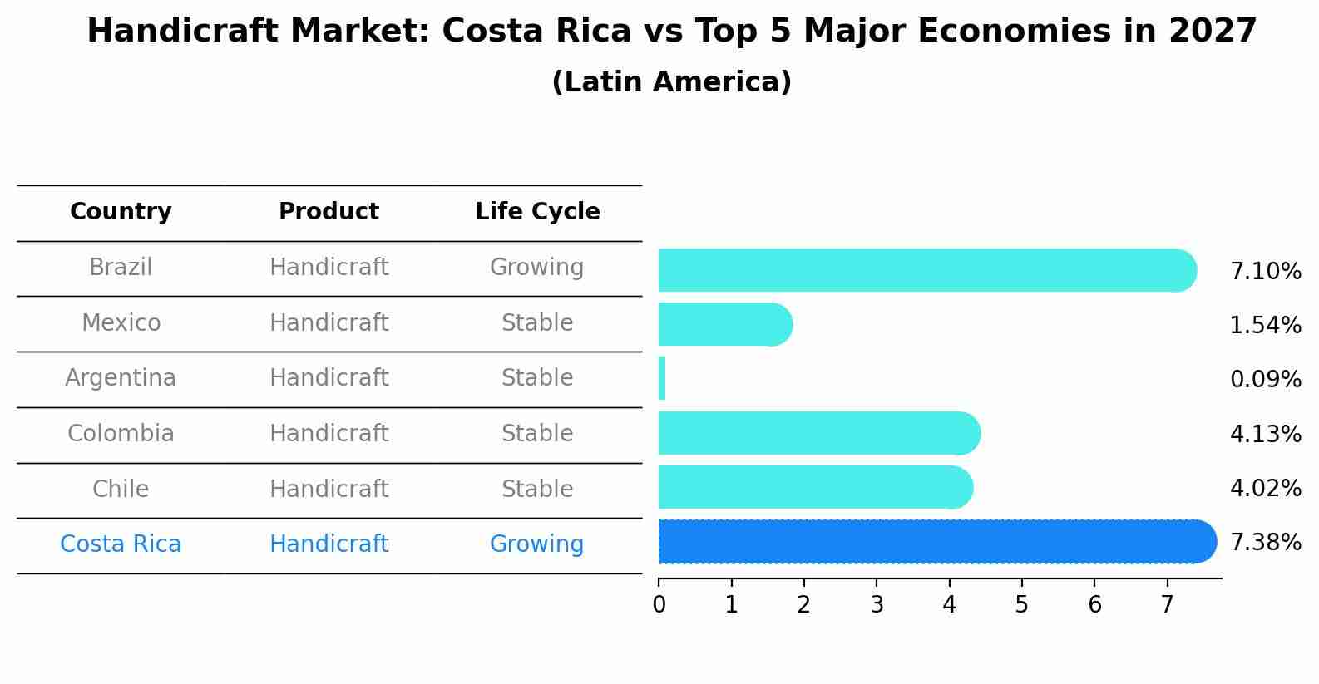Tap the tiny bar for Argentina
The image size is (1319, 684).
tap(662, 379)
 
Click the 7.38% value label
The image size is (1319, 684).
tap(1265, 543)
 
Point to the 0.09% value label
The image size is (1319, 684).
tap(1265, 380)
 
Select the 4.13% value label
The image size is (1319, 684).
tap(1265, 434)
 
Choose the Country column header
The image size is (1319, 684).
tap(121, 212)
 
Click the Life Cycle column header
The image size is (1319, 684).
tap(537, 212)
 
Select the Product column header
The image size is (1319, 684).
tap(329, 212)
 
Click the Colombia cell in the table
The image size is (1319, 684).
tap(121, 434)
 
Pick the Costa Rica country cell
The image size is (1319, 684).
tap(121, 544)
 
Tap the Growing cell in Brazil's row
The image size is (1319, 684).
tap(536, 268)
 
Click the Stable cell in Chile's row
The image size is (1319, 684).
tap(536, 489)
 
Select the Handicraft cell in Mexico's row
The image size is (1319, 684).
tap(329, 322)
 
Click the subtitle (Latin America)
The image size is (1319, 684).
tap(671, 82)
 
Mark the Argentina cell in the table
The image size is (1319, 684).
tap(121, 378)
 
